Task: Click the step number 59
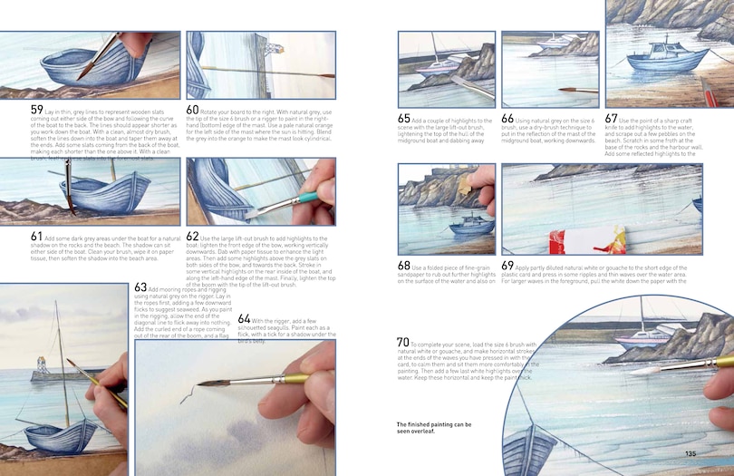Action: tap(36, 111)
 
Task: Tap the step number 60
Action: tap(193, 110)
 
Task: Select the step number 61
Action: tap(37, 237)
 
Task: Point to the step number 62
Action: tap(193, 237)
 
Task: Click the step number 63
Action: tap(140, 288)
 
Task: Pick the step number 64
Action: tap(245, 319)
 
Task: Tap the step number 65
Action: tap(404, 119)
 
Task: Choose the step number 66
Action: tap(507, 119)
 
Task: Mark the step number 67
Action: tap(612, 119)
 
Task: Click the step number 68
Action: tap(404, 266)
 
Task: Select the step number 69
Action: tap(507, 266)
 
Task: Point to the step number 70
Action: tap(403, 342)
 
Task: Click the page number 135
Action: tap(691, 454)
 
